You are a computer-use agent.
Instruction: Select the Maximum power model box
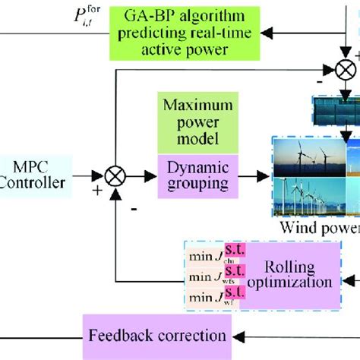tap(191, 123)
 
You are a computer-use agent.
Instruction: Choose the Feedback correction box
tap(158, 334)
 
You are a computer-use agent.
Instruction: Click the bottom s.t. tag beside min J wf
tap(232, 292)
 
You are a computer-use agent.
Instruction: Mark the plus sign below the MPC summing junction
tap(96, 191)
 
